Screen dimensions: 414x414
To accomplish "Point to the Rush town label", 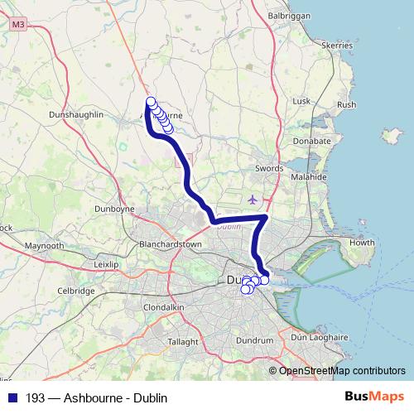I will pyautogui.click(x=346, y=105).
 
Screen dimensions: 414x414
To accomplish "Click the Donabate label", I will pyautogui.click(x=312, y=142).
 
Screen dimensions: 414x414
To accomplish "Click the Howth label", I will pyautogui.click(x=363, y=243).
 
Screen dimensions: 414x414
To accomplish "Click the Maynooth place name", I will pyautogui.click(x=45, y=247).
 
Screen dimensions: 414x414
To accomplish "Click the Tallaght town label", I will pyautogui.click(x=182, y=341).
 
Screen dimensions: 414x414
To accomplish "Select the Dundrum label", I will pyautogui.click(x=253, y=340).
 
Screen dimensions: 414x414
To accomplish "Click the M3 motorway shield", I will pyautogui.click(x=18, y=26).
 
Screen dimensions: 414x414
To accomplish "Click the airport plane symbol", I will pyautogui.click(x=253, y=199).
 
